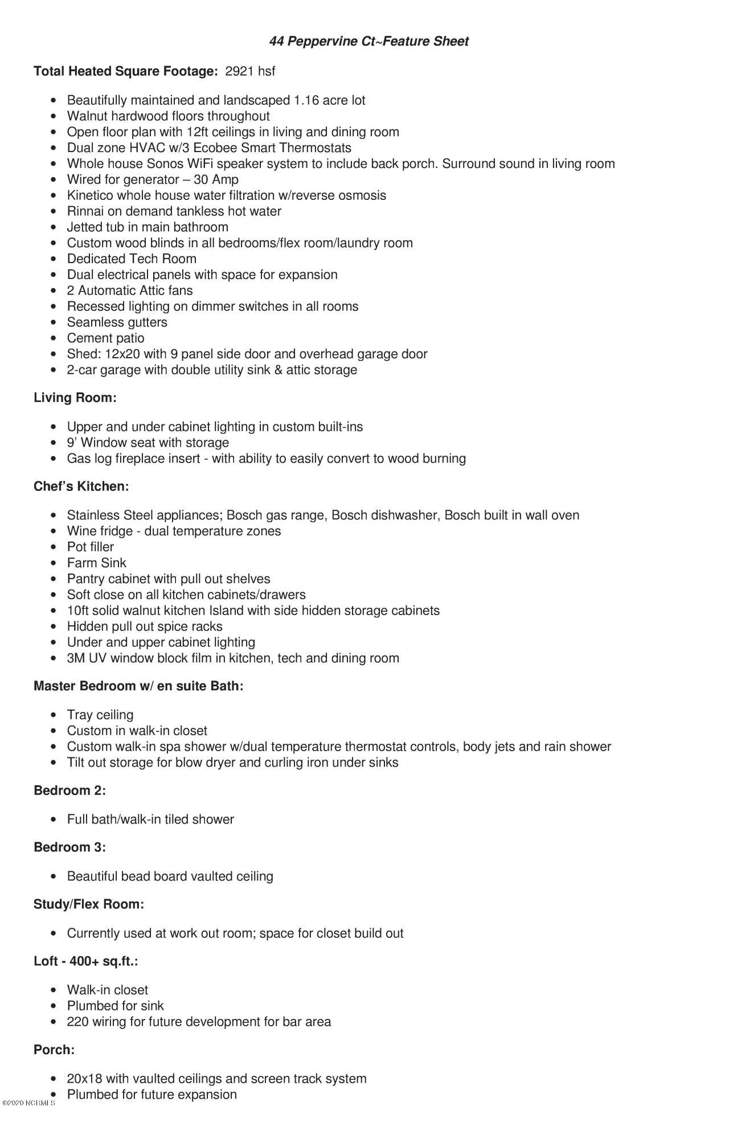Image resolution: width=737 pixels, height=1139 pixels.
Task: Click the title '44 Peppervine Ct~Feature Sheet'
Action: pyautogui.click(x=368, y=41)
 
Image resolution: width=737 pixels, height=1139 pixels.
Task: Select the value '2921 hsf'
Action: pyautogui.click(x=250, y=71)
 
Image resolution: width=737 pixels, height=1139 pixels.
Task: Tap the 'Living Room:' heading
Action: pyautogui.click(x=75, y=398)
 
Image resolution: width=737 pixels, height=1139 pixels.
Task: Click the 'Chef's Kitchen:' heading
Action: pyautogui.click(x=81, y=486)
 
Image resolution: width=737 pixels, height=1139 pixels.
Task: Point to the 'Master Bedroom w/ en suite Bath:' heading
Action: pyautogui.click(x=138, y=686)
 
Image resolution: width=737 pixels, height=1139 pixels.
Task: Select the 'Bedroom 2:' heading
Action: pyautogui.click(x=69, y=790)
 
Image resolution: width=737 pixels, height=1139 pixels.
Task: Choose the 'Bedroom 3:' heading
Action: pyautogui.click(x=69, y=847)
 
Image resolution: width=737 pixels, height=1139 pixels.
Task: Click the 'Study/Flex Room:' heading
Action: pyautogui.click(x=89, y=904)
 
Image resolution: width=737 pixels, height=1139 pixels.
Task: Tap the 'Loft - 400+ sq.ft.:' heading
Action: pyautogui.click(x=86, y=961)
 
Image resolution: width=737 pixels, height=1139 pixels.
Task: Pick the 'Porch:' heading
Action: pyautogui.click(x=54, y=1049)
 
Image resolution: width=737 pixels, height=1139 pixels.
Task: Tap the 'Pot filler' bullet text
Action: pyautogui.click(x=91, y=547)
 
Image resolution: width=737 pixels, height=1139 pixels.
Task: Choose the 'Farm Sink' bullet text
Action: pyautogui.click(x=97, y=563)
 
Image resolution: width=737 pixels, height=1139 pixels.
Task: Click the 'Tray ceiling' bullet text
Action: pyautogui.click(x=100, y=715)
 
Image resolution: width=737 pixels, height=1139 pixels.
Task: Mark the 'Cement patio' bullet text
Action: pyautogui.click(x=106, y=338)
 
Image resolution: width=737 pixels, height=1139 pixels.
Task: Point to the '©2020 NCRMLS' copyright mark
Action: pyautogui.click(x=28, y=1103)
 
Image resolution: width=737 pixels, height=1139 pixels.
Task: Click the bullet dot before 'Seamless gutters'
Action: pyautogui.click(x=54, y=322)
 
